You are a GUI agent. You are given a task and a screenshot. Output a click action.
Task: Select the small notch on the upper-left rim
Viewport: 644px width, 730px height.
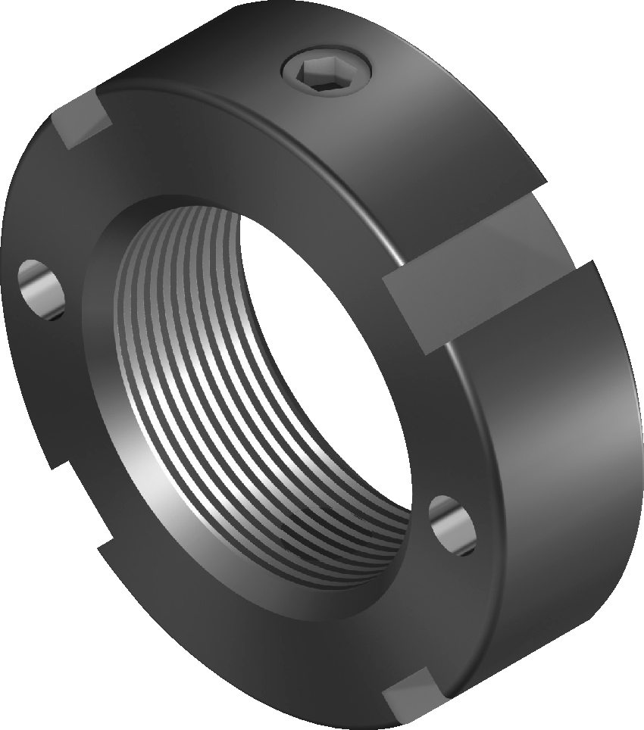click(x=80, y=121)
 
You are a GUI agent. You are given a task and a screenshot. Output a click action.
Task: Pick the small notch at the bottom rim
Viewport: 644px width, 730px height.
click(x=413, y=693)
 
